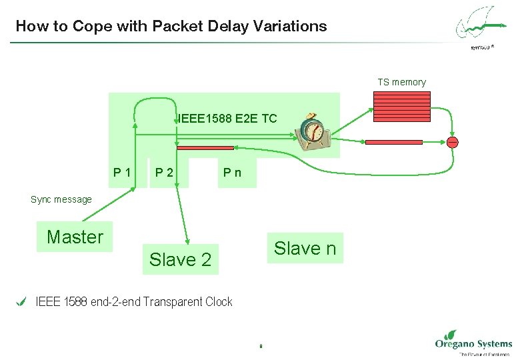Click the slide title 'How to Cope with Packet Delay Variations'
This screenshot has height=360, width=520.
pos(171,27)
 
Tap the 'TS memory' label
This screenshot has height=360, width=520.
pos(401,82)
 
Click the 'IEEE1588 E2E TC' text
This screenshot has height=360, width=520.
pos(227,119)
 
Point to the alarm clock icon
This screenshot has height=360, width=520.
pos(312,131)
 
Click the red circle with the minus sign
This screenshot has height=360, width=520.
pos(453,142)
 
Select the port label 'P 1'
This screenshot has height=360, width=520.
pos(122,173)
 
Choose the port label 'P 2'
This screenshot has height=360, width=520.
pos(164,173)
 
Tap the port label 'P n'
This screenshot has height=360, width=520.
pos(233,173)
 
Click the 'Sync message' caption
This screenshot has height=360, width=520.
pos(61,199)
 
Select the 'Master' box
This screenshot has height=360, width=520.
pos(75,237)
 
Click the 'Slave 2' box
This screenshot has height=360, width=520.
pos(180,259)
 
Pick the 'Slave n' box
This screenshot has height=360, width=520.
pos(305,249)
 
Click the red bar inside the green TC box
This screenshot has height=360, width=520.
pos(205,148)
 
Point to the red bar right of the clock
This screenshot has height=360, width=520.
pos(393,142)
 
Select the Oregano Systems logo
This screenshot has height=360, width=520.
pos(473,343)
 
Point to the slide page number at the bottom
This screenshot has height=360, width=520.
pos(260,346)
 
